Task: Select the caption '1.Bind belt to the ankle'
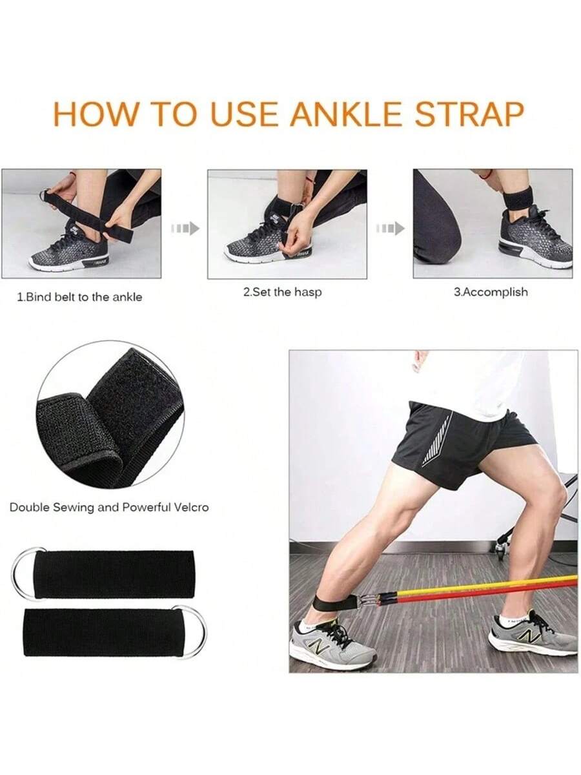[79, 297]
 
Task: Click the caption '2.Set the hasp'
[283, 293]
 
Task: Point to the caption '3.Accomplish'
[491, 293]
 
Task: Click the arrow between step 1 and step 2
[185, 229]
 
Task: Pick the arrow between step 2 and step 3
[390, 229]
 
